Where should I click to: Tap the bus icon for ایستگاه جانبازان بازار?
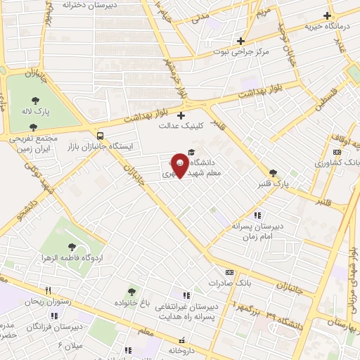click(x=101, y=135)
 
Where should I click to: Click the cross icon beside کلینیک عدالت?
click(x=181, y=115)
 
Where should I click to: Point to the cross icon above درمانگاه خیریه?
click(x=327, y=15)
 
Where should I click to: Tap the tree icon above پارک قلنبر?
click(x=273, y=173)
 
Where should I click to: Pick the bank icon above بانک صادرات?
click(x=229, y=272)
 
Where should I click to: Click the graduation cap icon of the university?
click(x=193, y=153)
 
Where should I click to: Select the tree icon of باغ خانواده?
click(x=131, y=291)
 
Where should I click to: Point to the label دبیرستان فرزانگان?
click(x=53, y=328)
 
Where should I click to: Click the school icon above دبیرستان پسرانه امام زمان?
click(x=257, y=215)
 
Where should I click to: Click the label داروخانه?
click(x=186, y=350)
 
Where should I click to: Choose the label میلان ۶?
click(x=70, y=347)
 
